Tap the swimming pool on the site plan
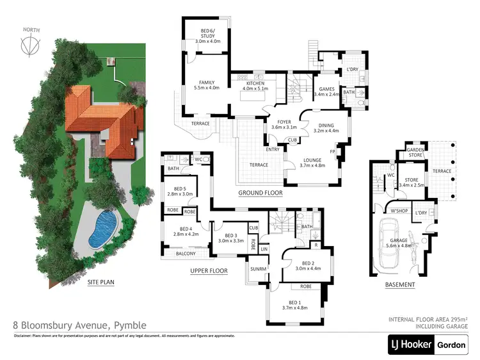click(x=102, y=231)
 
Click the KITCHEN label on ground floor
click(x=255, y=85)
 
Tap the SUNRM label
click(x=259, y=268)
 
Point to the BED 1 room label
click(x=295, y=303)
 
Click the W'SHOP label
click(x=399, y=210)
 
